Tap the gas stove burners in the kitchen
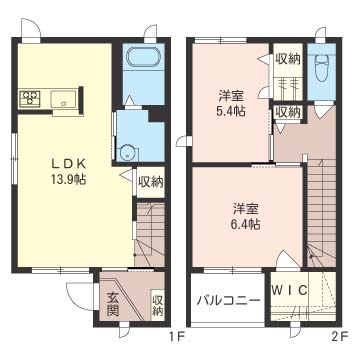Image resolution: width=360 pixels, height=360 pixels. click(28, 98)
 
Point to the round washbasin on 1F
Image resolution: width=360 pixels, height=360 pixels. click(126, 153)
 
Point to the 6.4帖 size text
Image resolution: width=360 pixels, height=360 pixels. click(246, 226)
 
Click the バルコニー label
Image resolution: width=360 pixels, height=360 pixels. click(227, 301)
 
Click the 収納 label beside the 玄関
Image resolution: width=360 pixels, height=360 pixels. click(158, 305)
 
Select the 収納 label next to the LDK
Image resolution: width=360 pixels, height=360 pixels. click(151, 181)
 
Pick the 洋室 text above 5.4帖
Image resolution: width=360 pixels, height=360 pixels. click(232, 96)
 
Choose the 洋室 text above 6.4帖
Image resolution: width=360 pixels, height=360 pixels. click(246, 209)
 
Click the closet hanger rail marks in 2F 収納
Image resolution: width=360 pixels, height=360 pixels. click(289, 84)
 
